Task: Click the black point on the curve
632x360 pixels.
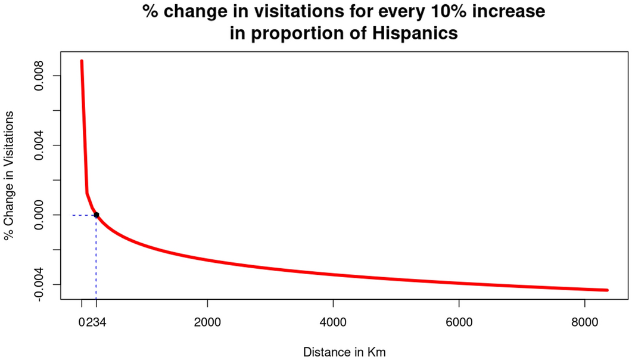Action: click(96, 215)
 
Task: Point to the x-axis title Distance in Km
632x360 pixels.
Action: click(345, 352)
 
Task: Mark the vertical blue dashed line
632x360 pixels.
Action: click(96, 262)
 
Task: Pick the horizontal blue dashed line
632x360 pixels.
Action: click(83, 215)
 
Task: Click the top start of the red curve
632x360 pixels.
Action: click(82, 61)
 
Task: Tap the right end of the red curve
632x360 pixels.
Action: click(607, 290)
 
